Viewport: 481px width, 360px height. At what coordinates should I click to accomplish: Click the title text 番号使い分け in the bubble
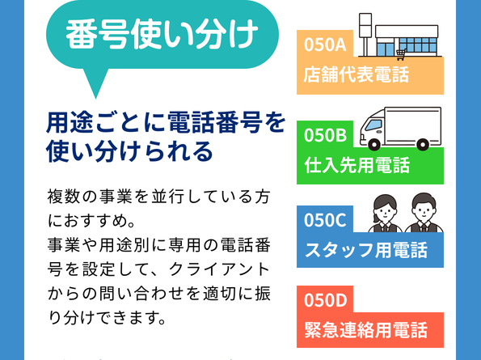pyautogui.click(x=162, y=34)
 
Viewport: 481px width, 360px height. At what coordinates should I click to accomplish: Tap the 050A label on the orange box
pyautogui.click(x=325, y=44)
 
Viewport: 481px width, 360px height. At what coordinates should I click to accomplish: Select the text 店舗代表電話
pyautogui.click(x=357, y=74)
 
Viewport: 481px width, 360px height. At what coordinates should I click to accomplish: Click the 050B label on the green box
pyautogui.click(x=325, y=135)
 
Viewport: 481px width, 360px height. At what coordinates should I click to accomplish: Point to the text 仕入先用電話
pyautogui.click(x=357, y=165)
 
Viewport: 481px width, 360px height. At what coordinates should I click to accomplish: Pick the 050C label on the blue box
pyautogui.click(x=325, y=220)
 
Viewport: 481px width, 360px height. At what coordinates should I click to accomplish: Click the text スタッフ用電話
pyautogui.click(x=365, y=250)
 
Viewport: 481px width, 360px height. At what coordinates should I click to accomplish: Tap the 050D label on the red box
pyautogui.click(x=326, y=300)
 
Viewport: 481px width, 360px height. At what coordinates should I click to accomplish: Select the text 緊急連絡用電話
pyautogui.click(x=365, y=330)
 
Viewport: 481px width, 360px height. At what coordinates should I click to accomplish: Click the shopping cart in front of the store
pyautogui.click(x=401, y=55)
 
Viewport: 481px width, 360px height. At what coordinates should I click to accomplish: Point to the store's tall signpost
pyautogui.click(x=365, y=34)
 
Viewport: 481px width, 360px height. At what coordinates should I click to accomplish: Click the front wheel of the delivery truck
pyautogui.click(x=374, y=144)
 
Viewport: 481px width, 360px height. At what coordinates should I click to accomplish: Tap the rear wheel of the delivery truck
pyautogui.click(x=423, y=144)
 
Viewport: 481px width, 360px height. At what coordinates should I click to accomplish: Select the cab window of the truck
pyautogui.click(x=373, y=125)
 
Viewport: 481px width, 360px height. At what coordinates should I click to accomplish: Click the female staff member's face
pyautogui.click(x=384, y=210)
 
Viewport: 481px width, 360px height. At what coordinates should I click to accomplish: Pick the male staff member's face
pyautogui.click(x=424, y=210)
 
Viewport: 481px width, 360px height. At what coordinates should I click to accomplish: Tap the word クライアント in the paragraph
pyautogui.click(x=220, y=269)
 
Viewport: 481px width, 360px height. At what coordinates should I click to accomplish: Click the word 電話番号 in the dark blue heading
pyautogui.click(x=215, y=122)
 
